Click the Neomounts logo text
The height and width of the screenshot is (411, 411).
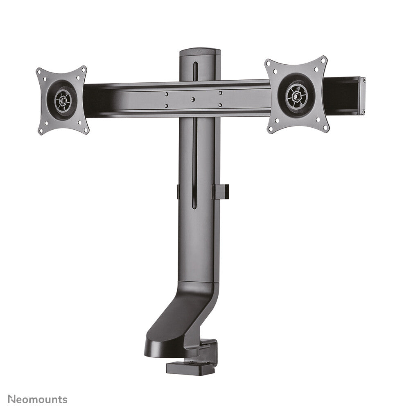(x=37, y=399)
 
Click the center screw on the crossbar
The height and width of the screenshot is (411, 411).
(x=193, y=99)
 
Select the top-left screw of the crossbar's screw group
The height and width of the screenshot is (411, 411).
(x=166, y=94)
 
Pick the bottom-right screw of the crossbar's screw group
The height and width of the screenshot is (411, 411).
(x=220, y=105)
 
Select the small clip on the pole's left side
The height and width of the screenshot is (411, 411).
(x=178, y=192)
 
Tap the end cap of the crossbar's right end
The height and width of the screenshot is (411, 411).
(x=362, y=95)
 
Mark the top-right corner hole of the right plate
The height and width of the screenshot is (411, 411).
(x=323, y=60)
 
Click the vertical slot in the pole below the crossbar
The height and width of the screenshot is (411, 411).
(x=195, y=164)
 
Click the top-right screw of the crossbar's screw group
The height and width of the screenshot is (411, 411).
(x=220, y=93)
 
